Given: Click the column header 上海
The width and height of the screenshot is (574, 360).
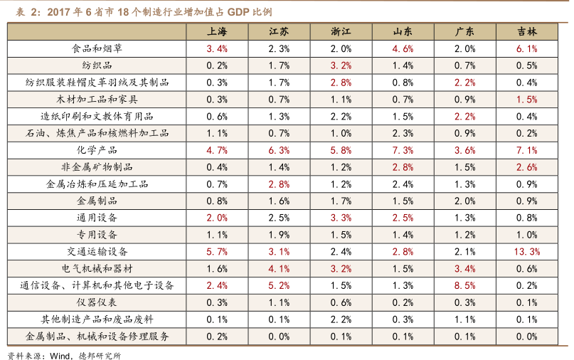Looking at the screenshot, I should pyautogui.click(x=217, y=32).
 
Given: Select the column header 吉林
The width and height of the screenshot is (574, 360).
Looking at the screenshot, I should pyautogui.click(x=527, y=32).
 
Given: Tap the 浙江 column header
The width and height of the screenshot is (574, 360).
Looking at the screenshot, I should pyautogui.click(x=341, y=32).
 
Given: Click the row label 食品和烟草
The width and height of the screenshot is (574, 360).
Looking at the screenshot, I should pyautogui.click(x=97, y=49).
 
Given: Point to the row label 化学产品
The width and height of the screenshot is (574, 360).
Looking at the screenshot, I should pyautogui.click(x=97, y=150).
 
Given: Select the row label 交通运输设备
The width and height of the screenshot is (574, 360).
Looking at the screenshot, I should pyautogui.click(x=97, y=251).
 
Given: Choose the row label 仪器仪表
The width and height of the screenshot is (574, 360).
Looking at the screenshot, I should pyautogui.click(x=97, y=302).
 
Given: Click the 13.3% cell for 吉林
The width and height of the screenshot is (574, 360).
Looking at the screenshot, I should pyautogui.click(x=527, y=251).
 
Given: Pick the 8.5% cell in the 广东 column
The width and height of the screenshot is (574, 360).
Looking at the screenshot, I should pyautogui.click(x=464, y=285).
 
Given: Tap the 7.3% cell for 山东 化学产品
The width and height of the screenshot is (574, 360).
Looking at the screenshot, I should pyautogui.click(x=403, y=150).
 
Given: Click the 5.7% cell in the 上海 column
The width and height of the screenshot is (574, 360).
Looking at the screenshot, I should pyautogui.click(x=217, y=251).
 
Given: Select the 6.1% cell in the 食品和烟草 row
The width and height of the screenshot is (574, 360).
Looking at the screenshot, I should pyautogui.click(x=527, y=49).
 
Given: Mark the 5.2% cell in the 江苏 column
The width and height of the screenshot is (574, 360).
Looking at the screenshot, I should pyautogui.click(x=279, y=285).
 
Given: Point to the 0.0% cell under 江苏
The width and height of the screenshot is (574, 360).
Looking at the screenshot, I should pyautogui.click(x=279, y=336).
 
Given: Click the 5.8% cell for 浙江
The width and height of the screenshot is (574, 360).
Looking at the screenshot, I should pyautogui.click(x=341, y=150).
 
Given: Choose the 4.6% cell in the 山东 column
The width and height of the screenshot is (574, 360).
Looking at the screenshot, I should pyautogui.click(x=403, y=49).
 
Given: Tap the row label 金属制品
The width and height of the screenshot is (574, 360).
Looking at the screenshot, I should pyautogui.click(x=97, y=201).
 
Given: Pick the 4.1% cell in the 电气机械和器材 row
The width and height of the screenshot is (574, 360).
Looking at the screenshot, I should pyautogui.click(x=279, y=268).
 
